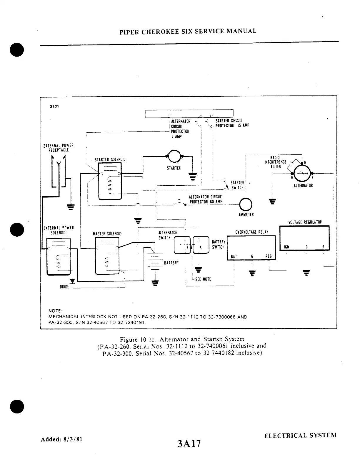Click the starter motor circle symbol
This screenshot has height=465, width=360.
[174, 156]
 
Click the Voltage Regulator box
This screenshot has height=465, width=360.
[304, 238]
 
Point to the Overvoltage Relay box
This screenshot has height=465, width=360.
[251, 248]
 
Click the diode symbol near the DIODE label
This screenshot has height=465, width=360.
[72, 281]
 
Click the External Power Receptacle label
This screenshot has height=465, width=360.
[58, 148]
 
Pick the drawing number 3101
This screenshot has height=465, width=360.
[54, 106]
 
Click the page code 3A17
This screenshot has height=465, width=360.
[189, 443]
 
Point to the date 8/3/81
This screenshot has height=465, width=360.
[72, 439]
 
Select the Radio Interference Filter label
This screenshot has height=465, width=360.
[275, 162]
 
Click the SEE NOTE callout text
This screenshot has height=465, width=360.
[203, 279]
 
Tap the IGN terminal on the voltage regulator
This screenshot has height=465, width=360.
[286, 247]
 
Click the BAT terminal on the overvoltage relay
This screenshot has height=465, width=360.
[234, 256]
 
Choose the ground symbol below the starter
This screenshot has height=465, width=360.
[193, 176]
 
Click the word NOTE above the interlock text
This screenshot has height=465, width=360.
[55, 311]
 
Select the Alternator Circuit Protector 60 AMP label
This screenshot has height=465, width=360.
[206, 199]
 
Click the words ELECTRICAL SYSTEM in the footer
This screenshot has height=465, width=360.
[300, 436]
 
